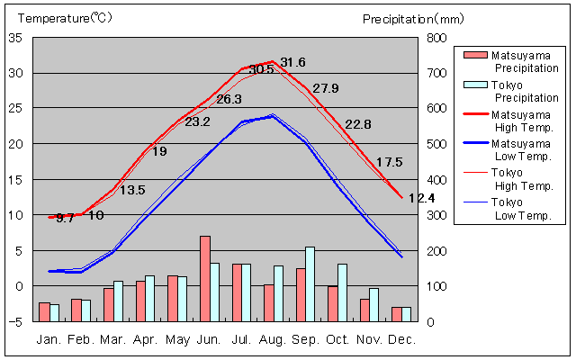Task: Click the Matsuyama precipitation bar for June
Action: click(x=205, y=278)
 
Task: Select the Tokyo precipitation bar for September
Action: click(x=310, y=283)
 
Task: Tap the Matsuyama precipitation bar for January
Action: click(x=44, y=311)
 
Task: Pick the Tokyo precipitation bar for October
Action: click(x=342, y=292)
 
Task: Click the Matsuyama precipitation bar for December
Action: click(x=397, y=314)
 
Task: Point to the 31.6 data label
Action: click(x=293, y=62)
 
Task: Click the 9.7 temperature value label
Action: click(x=65, y=218)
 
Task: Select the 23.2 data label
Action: click(x=197, y=121)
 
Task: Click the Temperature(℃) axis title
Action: click(x=54, y=18)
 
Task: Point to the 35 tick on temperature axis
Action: click(x=16, y=38)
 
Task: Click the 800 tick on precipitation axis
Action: click(x=435, y=38)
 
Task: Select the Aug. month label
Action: click(x=274, y=339)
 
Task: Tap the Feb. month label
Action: click(x=83, y=339)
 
